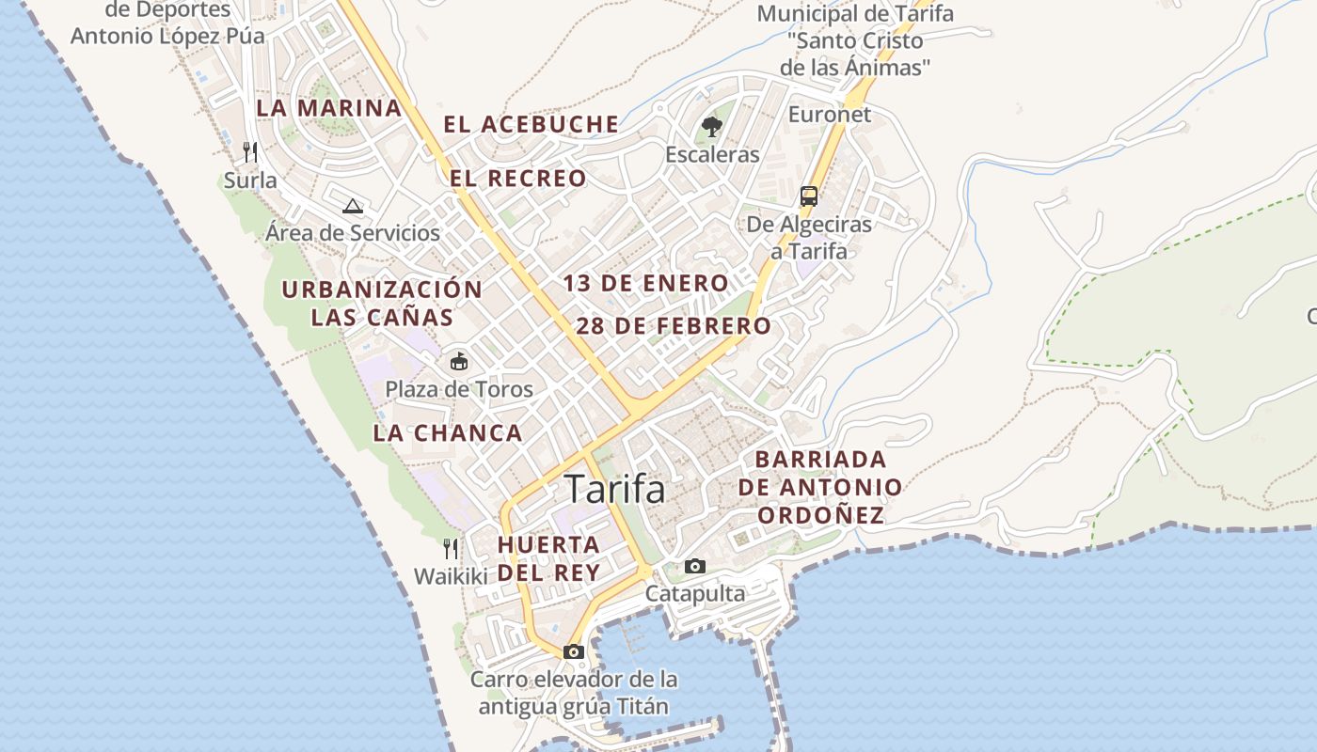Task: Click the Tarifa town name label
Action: click(614, 489)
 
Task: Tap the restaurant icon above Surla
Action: click(250, 151)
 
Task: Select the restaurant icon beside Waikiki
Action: click(452, 548)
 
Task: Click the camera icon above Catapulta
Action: click(695, 566)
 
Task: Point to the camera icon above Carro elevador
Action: click(573, 651)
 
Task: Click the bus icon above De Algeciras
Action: click(809, 196)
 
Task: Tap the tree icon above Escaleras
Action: click(712, 126)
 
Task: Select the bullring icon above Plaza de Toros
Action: click(459, 361)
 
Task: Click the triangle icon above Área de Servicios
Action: click(353, 206)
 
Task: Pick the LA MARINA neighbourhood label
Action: click(329, 108)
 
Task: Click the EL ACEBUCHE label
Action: click(532, 124)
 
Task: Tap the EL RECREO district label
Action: click(517, 178)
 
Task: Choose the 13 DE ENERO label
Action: click(645, 283)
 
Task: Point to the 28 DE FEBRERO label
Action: click(674, 326)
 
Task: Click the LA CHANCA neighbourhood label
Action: click(448, 433)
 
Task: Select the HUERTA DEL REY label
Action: click(548, 558)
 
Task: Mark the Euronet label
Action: click(830, 115)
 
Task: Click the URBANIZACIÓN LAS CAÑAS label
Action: click(382, 303)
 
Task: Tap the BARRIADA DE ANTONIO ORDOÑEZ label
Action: click(820, 487)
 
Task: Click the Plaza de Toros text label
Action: click(459, 389)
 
